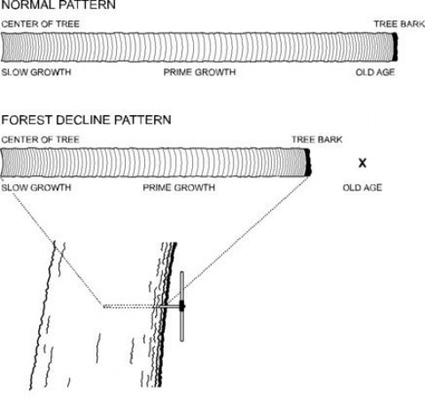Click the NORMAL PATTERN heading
pyautogui.click(x=58, y=4)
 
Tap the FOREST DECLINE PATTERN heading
pyautogui.click(x=86, y=120)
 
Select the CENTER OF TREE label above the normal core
pyautogui.click(x=41, y=24)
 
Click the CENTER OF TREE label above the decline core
pyautogui.click(x=41, y=139)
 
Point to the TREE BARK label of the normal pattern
pyautogui.click(x=399, y=24)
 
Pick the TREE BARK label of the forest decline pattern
pyautogui.click(x=317, y=139)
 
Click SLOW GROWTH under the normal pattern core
pyautogui.click(x=36, y=72)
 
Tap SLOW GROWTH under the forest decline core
pyautogui.click(x=36, y=188)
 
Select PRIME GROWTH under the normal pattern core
pyautogui.click(x=199, y=72)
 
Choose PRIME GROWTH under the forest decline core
pyautogui.click(x=179, y=188)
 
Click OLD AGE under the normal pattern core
pyautogui.click(x=375, y=72)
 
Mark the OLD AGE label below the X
pyautogui.click(x=362, y=188)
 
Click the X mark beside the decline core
pyautogui.click(x=362, y=163)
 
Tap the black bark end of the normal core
pyautogui.click(x=395, y=47)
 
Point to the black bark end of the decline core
pyautogui.click(x=308, y=162)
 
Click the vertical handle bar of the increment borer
pyautogui.click(x=182, y=306)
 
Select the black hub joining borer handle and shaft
pyautogui.click(x=182, y=306)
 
